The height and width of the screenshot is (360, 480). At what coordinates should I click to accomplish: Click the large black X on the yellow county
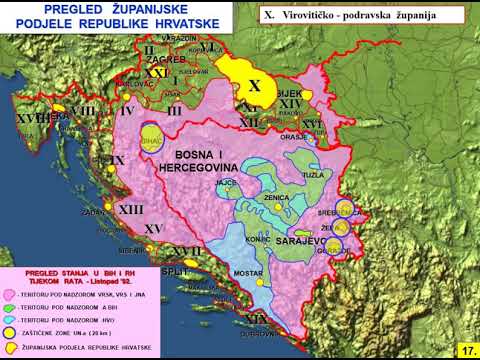tap(253, 85)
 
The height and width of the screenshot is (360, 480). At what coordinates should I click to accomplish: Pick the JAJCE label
tap(226, 183)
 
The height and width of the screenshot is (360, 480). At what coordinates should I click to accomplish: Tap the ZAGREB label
tap(165, 60)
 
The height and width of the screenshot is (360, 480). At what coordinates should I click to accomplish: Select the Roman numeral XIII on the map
tap(130, 210)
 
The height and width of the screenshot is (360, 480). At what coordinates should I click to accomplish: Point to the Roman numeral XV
tap(153, 229)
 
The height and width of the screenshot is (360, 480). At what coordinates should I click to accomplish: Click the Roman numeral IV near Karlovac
tap(127, 111)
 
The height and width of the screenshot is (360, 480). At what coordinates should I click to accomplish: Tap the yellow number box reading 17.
tap(467, 350)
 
